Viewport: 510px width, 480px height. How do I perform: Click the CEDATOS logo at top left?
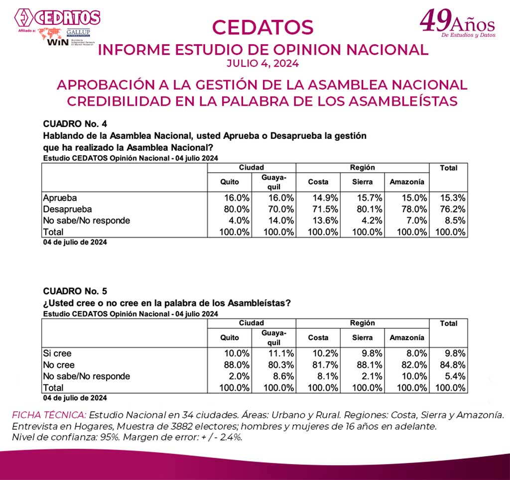pyautogui.click(x=57, y=18)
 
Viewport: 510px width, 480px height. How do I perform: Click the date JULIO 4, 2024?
pyautogui.click(x=262, y=63)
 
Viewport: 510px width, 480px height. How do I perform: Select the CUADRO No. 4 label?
pyautogui.click(x=75, y=124)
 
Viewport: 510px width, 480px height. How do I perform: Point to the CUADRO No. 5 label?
pyautogui.click(x=75, y=291)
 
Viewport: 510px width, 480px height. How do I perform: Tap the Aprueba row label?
pyautogui.click(x=60, y=198)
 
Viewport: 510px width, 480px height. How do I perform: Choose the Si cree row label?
pyautogui.click(x=57, y=353)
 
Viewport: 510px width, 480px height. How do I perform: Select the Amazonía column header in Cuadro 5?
pyautogui.click(x=407, y=338)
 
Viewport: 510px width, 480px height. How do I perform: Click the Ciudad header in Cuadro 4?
pyautogui.click(x=251, y=168)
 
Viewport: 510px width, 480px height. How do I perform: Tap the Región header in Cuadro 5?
pyautogui.click(x=362, y=323)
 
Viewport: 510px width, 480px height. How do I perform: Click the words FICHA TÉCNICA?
pyautogui.click(x=49, y=415)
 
